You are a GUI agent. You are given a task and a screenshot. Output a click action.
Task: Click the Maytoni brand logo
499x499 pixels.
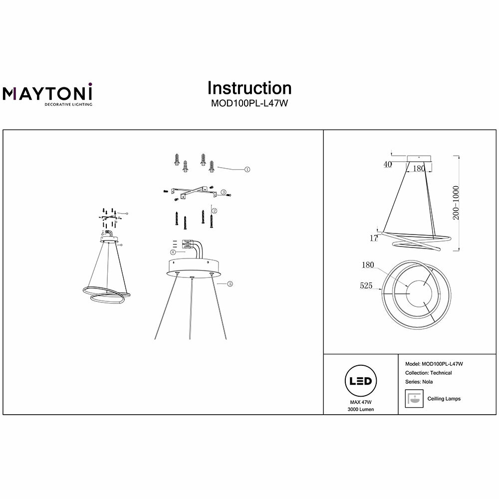(48, 94)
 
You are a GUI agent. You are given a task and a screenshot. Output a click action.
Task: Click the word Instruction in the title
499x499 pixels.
(249, 88)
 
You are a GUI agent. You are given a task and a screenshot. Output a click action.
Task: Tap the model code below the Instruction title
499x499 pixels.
(249, 104)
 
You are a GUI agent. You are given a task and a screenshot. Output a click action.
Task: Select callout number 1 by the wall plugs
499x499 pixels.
(247, 170)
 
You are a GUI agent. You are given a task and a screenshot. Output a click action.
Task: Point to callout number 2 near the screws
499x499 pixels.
(214, 211)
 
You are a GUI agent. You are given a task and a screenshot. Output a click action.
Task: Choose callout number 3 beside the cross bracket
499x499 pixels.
(224, 192)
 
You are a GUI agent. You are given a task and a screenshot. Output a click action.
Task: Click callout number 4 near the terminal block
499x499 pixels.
(173, 252)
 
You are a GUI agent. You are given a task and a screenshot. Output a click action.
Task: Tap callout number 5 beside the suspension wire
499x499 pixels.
(229, 284)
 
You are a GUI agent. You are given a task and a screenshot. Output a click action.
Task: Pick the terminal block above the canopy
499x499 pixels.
(189, 245)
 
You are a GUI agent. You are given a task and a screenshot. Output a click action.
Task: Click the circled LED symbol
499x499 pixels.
(361, 382)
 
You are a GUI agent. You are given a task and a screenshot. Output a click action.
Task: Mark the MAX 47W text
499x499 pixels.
(361, 402)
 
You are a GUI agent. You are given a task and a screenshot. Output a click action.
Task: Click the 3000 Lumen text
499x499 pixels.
(361, 409)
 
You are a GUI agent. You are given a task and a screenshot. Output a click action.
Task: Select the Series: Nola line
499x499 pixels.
(420, 382)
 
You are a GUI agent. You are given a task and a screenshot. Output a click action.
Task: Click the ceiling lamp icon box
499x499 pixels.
(413, 399)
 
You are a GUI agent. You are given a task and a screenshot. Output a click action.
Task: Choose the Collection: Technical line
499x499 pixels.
(430, 373)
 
